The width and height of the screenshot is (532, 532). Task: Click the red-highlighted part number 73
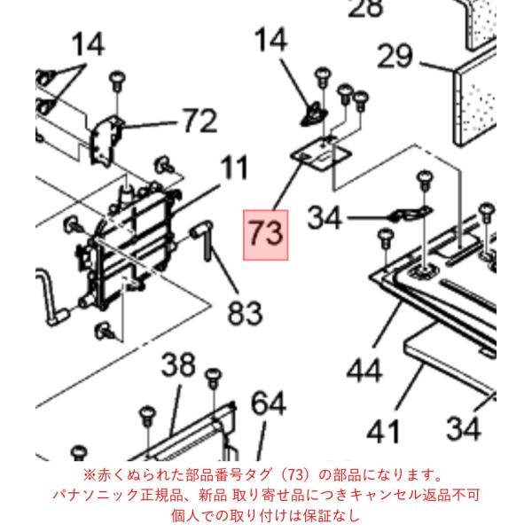[x=266, y=235]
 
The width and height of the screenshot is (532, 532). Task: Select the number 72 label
[x=200, y=121]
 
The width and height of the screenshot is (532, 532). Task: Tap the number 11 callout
[x=234, y=168]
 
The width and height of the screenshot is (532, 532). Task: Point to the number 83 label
[x=245, y=313]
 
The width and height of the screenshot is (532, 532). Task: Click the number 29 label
[x=395, y=56]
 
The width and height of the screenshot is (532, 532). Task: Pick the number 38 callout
[x=178, y=365]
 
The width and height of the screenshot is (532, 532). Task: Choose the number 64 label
[x=269, y=403]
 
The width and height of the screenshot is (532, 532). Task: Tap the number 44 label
[x=364, y=371]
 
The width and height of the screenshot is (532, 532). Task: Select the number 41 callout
[x=383, y=432]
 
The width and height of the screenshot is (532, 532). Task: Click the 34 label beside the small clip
[x=324, y=218]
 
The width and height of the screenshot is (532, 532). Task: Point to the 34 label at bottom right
[x=464, y=428]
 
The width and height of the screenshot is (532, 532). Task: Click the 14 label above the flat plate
[x=271, y=40]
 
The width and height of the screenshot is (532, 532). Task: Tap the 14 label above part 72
[x=88, y=44]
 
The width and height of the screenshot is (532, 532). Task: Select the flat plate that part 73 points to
[x=321, y=154]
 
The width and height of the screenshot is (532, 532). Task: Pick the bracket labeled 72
[x=106, y=139]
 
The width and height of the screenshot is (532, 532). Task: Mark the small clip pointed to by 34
[x=410, y=214]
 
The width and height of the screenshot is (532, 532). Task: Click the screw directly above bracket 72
[x=117, y=80]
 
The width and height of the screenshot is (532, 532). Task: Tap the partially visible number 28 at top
[x=365, y=8]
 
